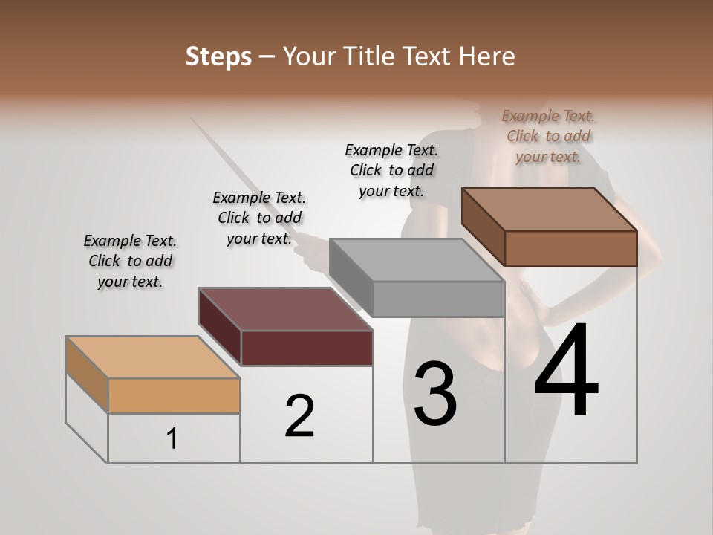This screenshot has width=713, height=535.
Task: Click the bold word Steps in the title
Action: tap(218, 57)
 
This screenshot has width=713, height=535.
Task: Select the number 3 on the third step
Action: tap(435, 394)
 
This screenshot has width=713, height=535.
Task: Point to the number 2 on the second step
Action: tap(300, 416)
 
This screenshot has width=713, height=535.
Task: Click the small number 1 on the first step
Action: tap(172, 439)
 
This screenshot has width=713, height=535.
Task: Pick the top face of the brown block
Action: tap(550, 210)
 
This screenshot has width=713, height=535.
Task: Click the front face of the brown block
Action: tap(570, 248)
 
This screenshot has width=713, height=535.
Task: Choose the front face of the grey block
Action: tap(438, 299)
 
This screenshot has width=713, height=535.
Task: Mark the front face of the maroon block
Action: tap(307, 348)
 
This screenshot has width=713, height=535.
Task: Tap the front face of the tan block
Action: tap(174, 395)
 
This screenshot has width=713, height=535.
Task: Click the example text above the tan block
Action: tap(130, 261)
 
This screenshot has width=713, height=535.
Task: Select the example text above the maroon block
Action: tap(259, 218)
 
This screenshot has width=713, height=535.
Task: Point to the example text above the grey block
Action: tap(391, 170)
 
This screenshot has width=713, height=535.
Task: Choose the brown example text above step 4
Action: tap(548, 136)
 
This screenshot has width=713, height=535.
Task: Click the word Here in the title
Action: tap(488, 57)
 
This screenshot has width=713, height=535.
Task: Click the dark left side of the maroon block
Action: tap(220, 326)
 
